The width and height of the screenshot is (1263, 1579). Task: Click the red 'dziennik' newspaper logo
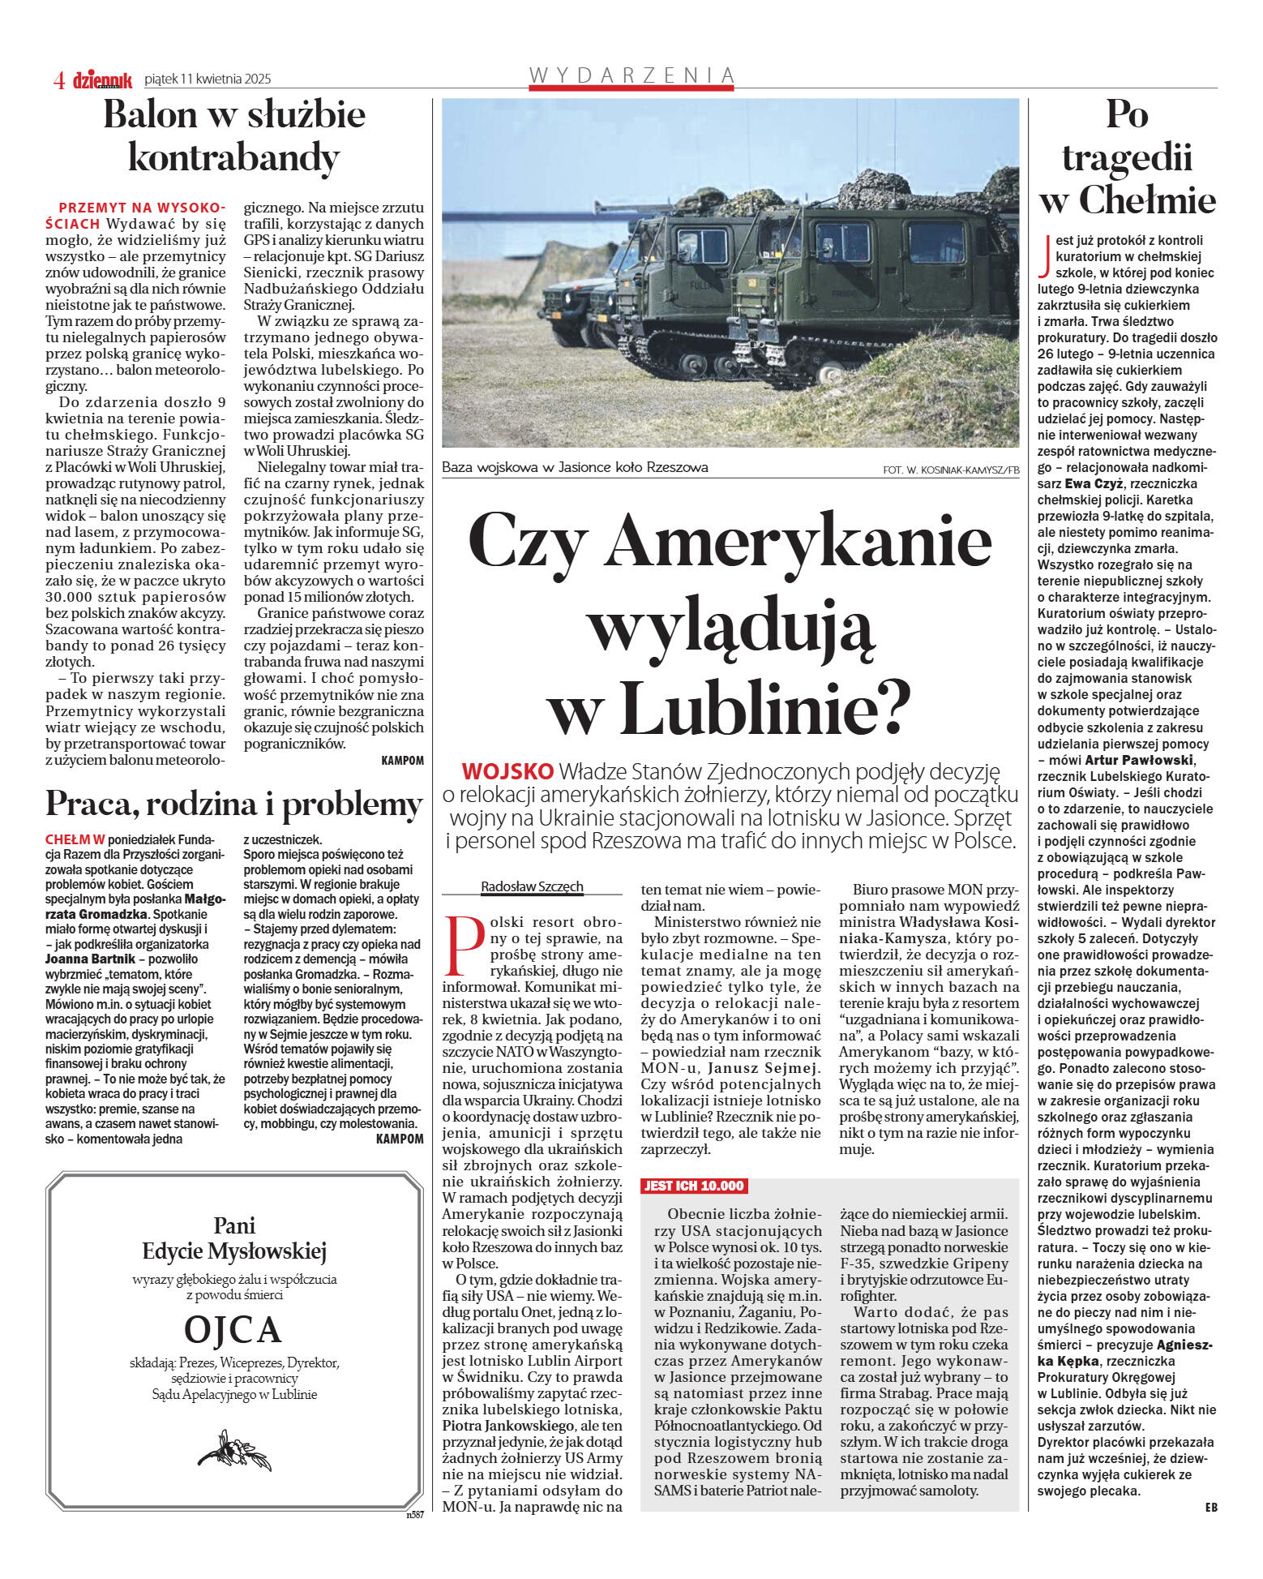click(x=102, y=79)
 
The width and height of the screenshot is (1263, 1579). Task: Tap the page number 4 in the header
click(x=59, y=79)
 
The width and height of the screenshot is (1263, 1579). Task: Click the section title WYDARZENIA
click(x=631, y=75)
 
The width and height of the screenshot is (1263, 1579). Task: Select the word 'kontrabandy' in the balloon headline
click(x=233, y=157)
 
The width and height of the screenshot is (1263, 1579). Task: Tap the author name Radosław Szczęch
click(x=532, y=886)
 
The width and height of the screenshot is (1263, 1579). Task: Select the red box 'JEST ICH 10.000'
click(x=694, y=1186)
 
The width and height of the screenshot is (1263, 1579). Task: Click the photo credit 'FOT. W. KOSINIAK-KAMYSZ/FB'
click(x=951, y=470)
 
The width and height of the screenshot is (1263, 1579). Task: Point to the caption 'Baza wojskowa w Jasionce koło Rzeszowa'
click(x=575, y=467)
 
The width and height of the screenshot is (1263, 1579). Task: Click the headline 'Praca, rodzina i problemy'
click(x=233, y=804)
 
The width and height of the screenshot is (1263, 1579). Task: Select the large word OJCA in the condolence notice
click(x=233, y=1328)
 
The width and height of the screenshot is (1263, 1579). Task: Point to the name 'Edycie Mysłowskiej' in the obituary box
click(x=233, y=1251)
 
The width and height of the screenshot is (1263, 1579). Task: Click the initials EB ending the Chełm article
click(x=1210, y=1507)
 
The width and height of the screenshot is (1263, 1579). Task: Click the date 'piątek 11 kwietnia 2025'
click(x=208, y=79)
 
